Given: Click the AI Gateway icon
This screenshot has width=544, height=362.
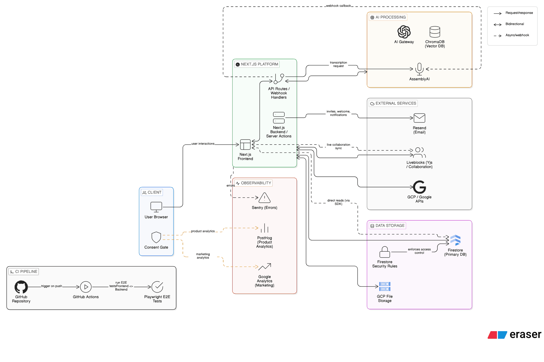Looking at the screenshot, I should [x=404, y=32].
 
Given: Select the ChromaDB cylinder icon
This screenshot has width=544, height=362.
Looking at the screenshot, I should [x=435, y=32].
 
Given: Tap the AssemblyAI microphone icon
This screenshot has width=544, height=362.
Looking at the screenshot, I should [x=419, y=69].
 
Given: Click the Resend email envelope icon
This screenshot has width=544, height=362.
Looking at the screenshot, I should [x=419, y=118].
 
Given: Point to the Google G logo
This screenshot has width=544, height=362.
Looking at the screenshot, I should [x=419, y=187].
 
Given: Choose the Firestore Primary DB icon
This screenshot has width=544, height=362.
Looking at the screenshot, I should [x=455, y=240].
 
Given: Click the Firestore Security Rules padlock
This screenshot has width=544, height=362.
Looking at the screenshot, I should [x=384, y=252].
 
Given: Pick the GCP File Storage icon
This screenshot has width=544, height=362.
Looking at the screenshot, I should [x=384, y=287].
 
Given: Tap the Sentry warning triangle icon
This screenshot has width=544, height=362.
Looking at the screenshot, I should [x=264, y=198].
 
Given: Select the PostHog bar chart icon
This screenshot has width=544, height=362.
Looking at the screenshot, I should [x=264, y=228].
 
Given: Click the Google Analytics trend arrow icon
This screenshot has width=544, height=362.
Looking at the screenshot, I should [x=264, y=267].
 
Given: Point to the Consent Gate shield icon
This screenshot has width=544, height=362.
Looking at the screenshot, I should [x=156, y=237].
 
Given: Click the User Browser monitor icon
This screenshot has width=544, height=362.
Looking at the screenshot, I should [x=156, y=207].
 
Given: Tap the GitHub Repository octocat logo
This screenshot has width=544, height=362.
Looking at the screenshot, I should [x=21, y=287].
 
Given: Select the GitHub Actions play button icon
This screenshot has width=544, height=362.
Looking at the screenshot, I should [x=86, y=287].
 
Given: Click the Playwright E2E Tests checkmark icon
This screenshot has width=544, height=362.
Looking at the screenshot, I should [x=157, y=287].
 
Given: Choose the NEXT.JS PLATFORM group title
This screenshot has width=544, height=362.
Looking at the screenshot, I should [x=259, y=64].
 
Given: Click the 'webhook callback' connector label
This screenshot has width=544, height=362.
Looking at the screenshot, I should [x=338, y=6].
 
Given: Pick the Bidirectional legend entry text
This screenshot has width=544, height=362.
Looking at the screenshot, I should [x=515, y=24].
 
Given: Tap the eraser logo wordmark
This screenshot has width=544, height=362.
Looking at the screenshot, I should [x=525, y=335].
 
